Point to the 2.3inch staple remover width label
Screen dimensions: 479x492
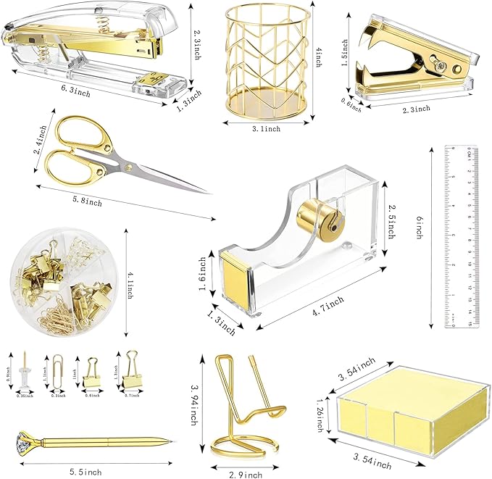pyautogui.click(x=415, y=109)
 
